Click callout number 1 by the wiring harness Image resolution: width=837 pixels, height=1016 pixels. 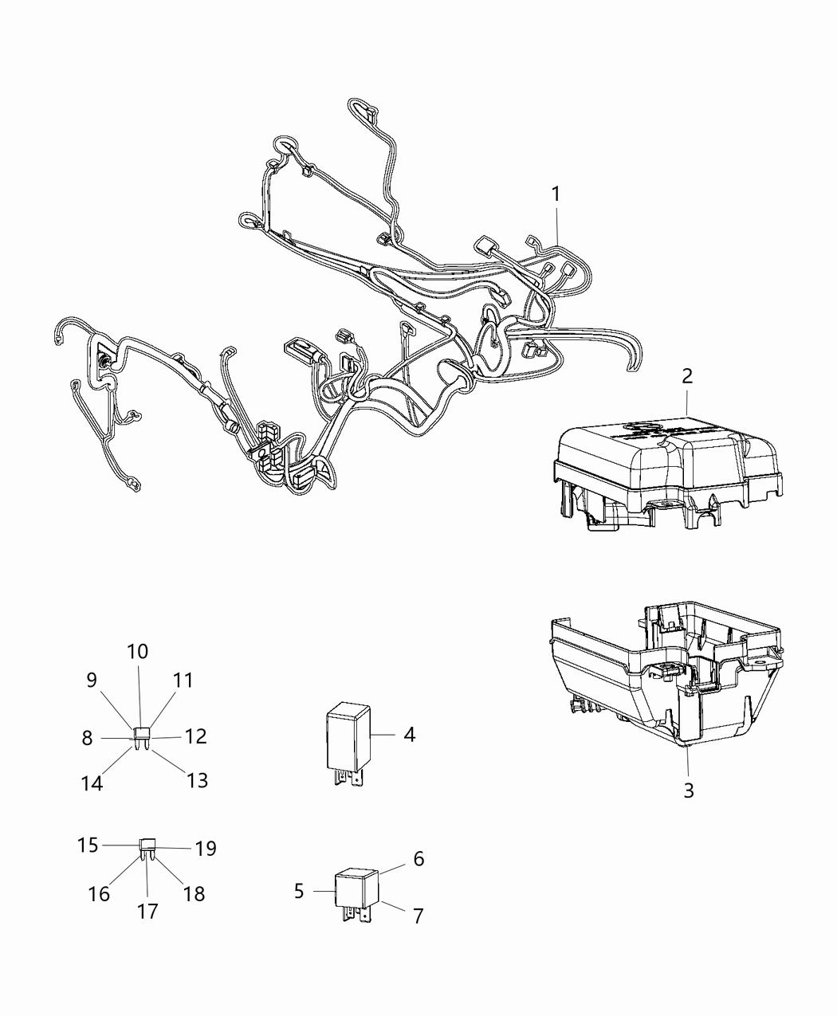[x=556, y=194]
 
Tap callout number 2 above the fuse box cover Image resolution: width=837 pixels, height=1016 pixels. [x=687, y=376]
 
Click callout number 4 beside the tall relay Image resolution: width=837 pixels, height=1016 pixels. [x=409, y=734]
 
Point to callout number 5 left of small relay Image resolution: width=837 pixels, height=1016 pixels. [x=299, y=890]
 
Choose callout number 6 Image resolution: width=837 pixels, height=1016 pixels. [x=418, y=859]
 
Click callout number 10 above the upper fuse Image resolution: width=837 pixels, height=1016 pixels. [x=138, y=651]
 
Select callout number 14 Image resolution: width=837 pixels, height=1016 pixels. [x=92, y=783]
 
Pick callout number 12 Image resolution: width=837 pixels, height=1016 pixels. [x=196, y=736]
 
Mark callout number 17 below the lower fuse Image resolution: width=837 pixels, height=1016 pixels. [x=147, y=911]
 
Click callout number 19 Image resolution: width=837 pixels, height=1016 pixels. [x=206, y=849]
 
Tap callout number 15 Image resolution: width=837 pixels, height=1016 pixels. [x=88, y=844]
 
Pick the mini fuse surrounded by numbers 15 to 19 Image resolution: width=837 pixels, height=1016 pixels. [x=147, y=846]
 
